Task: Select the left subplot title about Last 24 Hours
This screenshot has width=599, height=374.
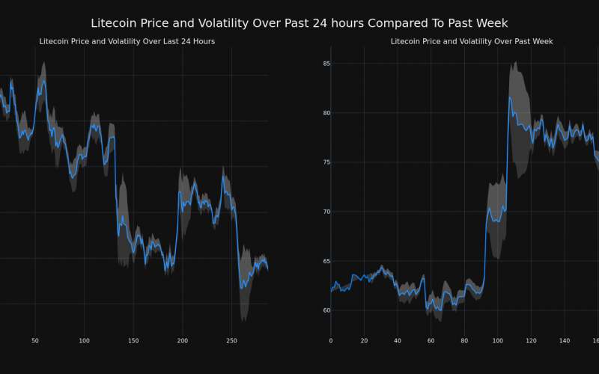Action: click(x=127, y=41)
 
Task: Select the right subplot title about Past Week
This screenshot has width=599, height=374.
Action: click(x=472, y=41)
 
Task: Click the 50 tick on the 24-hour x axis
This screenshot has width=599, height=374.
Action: click(x=35, y=341)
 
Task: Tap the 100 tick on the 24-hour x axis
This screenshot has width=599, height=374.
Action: click(x=84, y=341)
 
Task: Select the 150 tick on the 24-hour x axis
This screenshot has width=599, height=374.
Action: click(x=133, y=341)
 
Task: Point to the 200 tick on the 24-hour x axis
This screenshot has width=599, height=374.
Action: click(x=183, y=341)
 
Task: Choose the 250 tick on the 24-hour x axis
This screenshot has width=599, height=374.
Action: click(x=231, y=341)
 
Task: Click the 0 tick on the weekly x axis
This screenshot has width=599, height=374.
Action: click(x=331, y=341)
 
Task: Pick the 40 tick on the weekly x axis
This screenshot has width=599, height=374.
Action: click(x=398, y=341)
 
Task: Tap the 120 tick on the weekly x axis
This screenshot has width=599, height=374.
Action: click(x=531, y=341)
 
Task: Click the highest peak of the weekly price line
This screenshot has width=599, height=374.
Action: click(x=510, y=96)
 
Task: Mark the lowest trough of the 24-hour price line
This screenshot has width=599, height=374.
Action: click(x=241, y=288)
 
